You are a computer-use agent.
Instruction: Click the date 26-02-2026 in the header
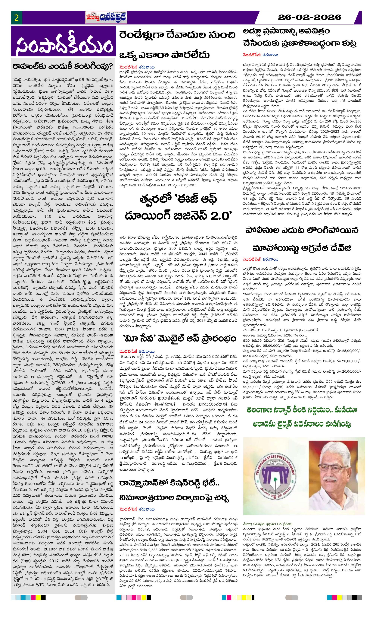click(x=310, y=17)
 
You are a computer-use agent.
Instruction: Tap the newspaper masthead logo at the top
click(x=106, y=18)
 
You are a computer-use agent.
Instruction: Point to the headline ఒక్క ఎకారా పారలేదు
click(x=164, y=55)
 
